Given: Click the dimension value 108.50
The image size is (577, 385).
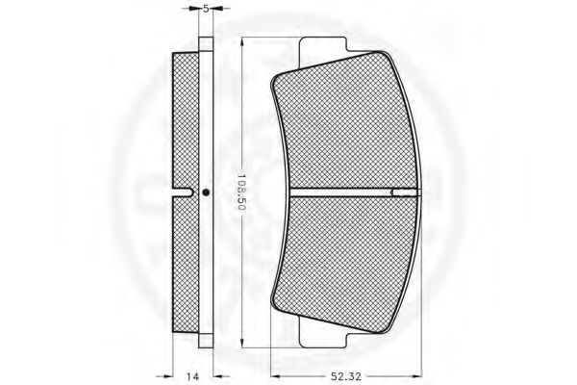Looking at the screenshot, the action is click(241, 192).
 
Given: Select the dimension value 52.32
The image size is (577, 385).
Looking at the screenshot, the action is click(346, 376).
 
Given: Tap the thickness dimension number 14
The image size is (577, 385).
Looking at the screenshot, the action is click(192, 376).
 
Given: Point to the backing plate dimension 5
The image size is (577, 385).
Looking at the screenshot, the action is click(206, 9).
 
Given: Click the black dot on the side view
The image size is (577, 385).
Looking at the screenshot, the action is click(206, 192).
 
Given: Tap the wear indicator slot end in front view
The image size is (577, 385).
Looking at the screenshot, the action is click(406, 192).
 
